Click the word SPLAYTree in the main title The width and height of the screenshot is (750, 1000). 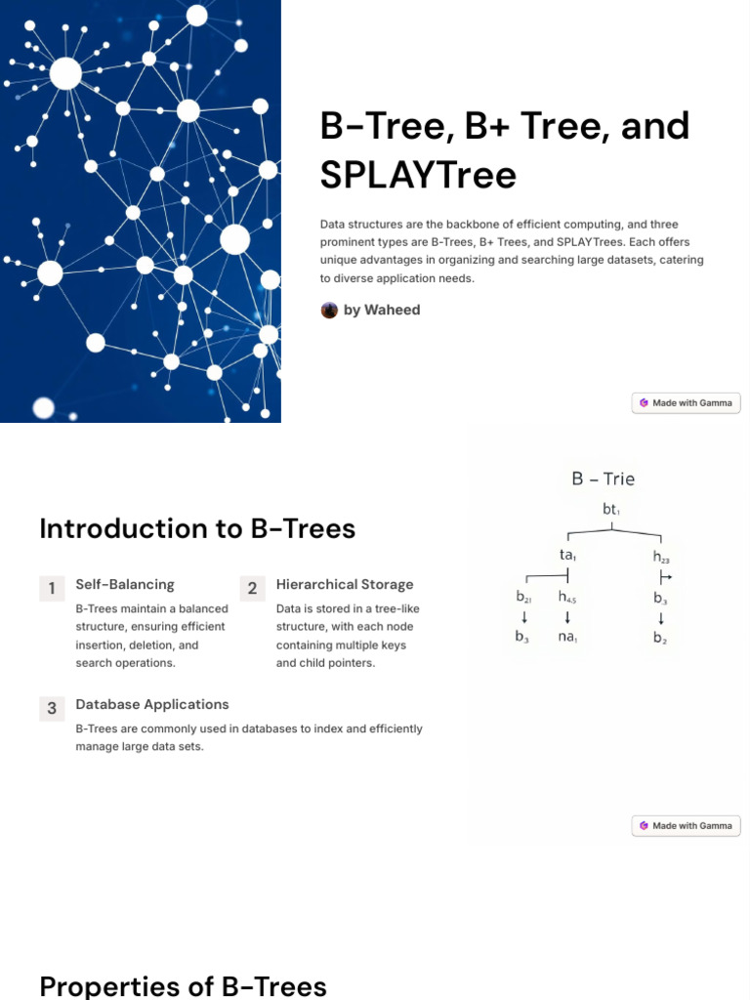point(418,175)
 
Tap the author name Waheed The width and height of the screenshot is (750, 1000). point(392,310)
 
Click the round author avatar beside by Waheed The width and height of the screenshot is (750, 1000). point(329,310)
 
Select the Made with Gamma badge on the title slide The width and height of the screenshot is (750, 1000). point(686,402)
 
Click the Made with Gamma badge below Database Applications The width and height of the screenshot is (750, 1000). point(686,825)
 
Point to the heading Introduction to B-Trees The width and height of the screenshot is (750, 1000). point(197,528)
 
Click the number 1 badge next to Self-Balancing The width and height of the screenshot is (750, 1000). point(52,588)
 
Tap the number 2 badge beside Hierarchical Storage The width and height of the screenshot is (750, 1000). point(252,588)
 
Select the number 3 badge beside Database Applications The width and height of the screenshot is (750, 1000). point(52,708)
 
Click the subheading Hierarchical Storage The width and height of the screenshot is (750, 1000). point(345,584)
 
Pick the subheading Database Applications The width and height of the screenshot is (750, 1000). point(152,704)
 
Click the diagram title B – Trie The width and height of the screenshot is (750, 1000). point(603,479)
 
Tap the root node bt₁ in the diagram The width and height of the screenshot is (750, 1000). point(612,510)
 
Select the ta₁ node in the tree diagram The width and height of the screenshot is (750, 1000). point(567,555)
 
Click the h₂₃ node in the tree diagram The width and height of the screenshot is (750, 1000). point(661,557)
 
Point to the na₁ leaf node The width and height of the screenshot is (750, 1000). point(567,639)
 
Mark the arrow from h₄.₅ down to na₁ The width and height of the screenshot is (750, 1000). point(567,617)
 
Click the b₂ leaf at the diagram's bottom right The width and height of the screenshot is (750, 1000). point(661,639)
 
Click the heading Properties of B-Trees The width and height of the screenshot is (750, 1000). point(183,985)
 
